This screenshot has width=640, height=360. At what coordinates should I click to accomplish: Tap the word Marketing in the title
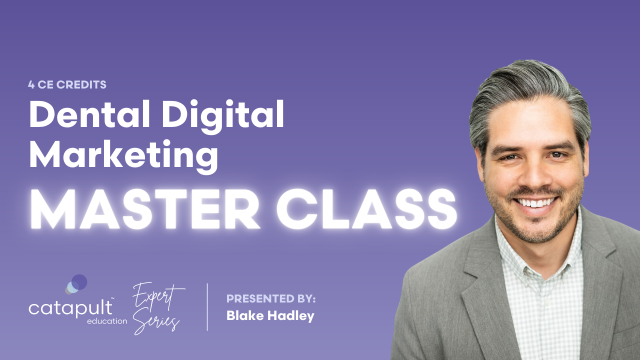point(123,156)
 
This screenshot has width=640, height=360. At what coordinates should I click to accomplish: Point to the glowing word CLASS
point(365,209)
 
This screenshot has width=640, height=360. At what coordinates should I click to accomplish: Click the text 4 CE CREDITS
point(67,84)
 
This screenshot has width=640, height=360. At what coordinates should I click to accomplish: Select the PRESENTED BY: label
point(271,299)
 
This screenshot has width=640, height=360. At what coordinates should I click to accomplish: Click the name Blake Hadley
point(270,316)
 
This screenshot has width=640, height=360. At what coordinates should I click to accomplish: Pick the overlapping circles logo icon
point(76,284)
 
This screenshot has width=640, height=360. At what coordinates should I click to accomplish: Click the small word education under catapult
point(106,321)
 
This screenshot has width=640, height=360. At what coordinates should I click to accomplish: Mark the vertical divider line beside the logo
point(207,306)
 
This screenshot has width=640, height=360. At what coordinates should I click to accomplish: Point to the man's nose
point(533,175)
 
